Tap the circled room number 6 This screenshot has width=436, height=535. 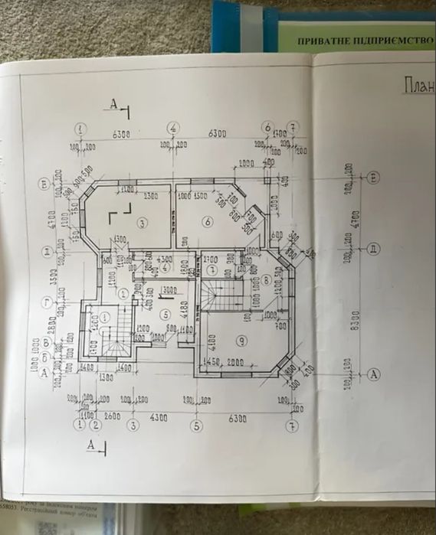tap(206, 222)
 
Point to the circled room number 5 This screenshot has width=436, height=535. tap(163, 313)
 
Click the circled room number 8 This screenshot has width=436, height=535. tap(266, 281)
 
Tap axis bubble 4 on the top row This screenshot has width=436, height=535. tap(174, 127)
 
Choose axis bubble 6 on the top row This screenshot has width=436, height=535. tap(267, 127)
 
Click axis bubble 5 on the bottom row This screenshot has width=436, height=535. tap(196, 426)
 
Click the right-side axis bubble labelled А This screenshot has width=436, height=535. tap(373, 374)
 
